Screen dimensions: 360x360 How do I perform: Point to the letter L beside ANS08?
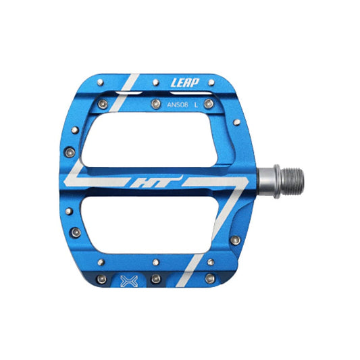tap(197, 104)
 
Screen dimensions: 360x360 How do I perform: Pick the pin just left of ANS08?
tap(151, 104)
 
